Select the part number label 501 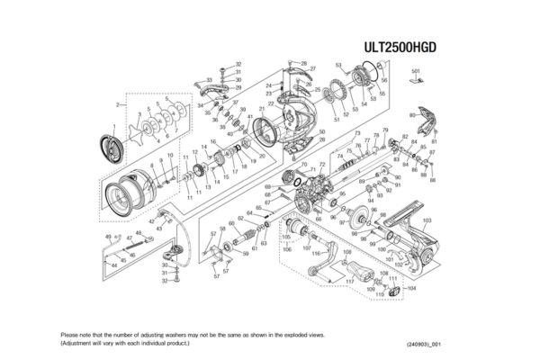[416, 70]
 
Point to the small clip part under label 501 [416, 81]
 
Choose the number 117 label [350, 282]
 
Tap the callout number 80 [413, 115]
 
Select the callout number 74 [340, 155]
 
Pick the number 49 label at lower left [107, 236]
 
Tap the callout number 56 [382, 93]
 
